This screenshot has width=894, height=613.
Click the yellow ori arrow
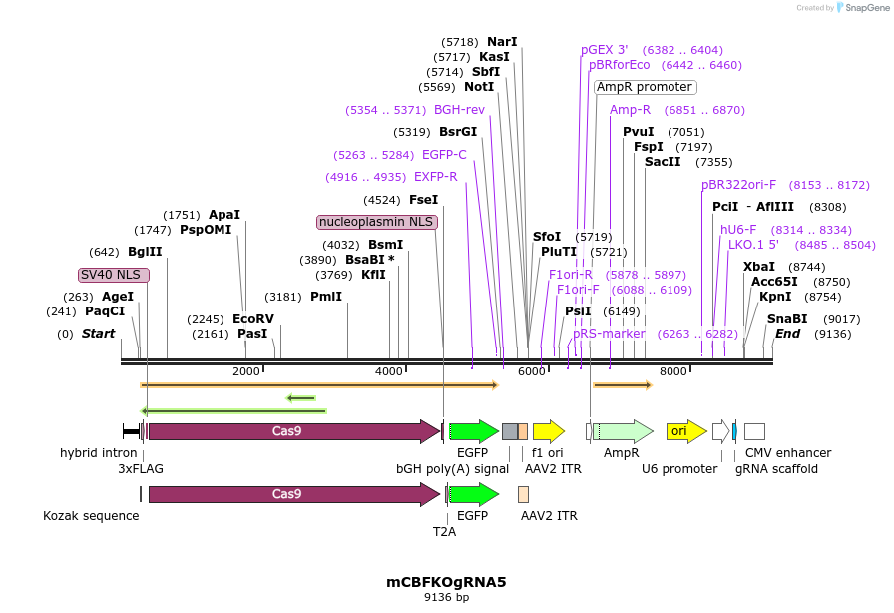[x=686, y=431]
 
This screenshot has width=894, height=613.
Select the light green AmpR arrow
[x=624, y=431]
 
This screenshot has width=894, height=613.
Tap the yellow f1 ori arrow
[x=549, y=431]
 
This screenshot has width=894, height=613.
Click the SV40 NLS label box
[x=114, y=275]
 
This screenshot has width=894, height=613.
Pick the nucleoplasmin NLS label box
[x=377, y=222]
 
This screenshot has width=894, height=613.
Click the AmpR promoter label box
[x=645, y=87]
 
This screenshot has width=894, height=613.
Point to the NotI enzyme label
[x=479, y=87]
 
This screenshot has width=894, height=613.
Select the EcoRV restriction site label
[x=253, y=319]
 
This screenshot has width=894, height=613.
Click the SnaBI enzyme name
[x=787, y=319]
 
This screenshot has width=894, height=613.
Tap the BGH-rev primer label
[x=459, y=110]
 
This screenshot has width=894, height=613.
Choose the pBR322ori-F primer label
[x=738, y=185]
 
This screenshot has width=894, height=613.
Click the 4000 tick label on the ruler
[x=389, y=371]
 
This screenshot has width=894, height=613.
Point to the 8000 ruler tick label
[x=673, y=371]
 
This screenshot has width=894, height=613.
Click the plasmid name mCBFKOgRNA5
[x=446, y=582]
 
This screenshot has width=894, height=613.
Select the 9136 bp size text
[x=446, y=597]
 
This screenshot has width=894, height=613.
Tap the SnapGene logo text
[x=867, y=7]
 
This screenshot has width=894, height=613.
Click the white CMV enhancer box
[x=754, y=431]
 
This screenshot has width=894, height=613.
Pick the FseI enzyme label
[x=424, y=200]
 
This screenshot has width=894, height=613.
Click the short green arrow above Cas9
[x=301, y=397]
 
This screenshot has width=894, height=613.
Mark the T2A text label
[x=444, y=532]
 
